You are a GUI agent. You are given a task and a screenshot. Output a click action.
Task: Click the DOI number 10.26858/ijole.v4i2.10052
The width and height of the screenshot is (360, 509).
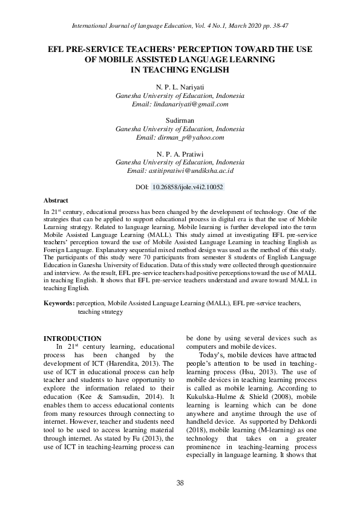(x=188, y=187)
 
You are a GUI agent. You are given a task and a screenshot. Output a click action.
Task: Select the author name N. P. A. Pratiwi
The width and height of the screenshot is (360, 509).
(x=180, y=154)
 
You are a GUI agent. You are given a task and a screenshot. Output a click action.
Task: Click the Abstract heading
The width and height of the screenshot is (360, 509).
(x=56, y=200)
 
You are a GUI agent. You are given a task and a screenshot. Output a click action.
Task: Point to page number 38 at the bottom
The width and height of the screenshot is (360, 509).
(x=180, y=482)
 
